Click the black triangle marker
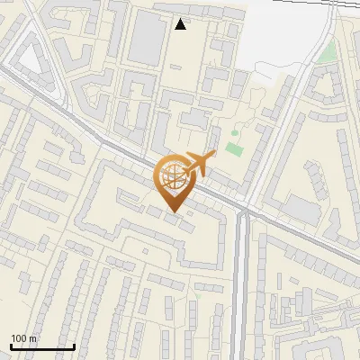coord(181,24)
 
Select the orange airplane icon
coord(198,164)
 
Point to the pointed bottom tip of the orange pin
coord(172,213)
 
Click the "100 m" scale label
coord(23,338)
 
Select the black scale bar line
coord(42,346)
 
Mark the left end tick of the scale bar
coord(11,346)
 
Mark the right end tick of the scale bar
coord(74,346)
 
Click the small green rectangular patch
coord(234,148)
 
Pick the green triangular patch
coord(326,50)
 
